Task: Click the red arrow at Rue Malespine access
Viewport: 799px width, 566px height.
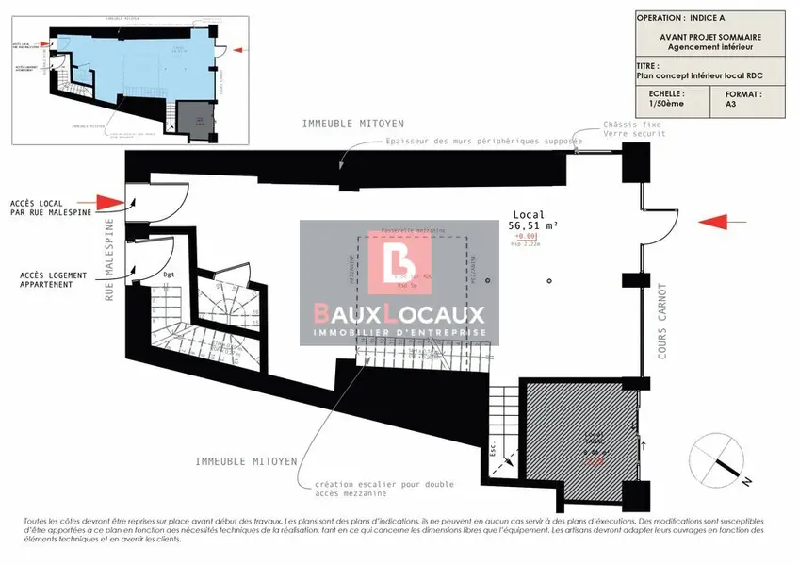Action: click(x=108, y=202)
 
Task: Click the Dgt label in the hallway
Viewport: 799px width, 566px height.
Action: click(x=170, y=275)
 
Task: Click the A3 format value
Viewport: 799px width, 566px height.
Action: click(x=731, y=106)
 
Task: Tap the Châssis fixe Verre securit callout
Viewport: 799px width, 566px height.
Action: click(x=635, y=128)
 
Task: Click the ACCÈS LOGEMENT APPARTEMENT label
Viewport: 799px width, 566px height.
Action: click(x=54, y=280)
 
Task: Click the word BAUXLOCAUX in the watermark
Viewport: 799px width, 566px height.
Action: click(x=399, y=314)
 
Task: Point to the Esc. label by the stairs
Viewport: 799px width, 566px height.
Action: click(x=491, y=447)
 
